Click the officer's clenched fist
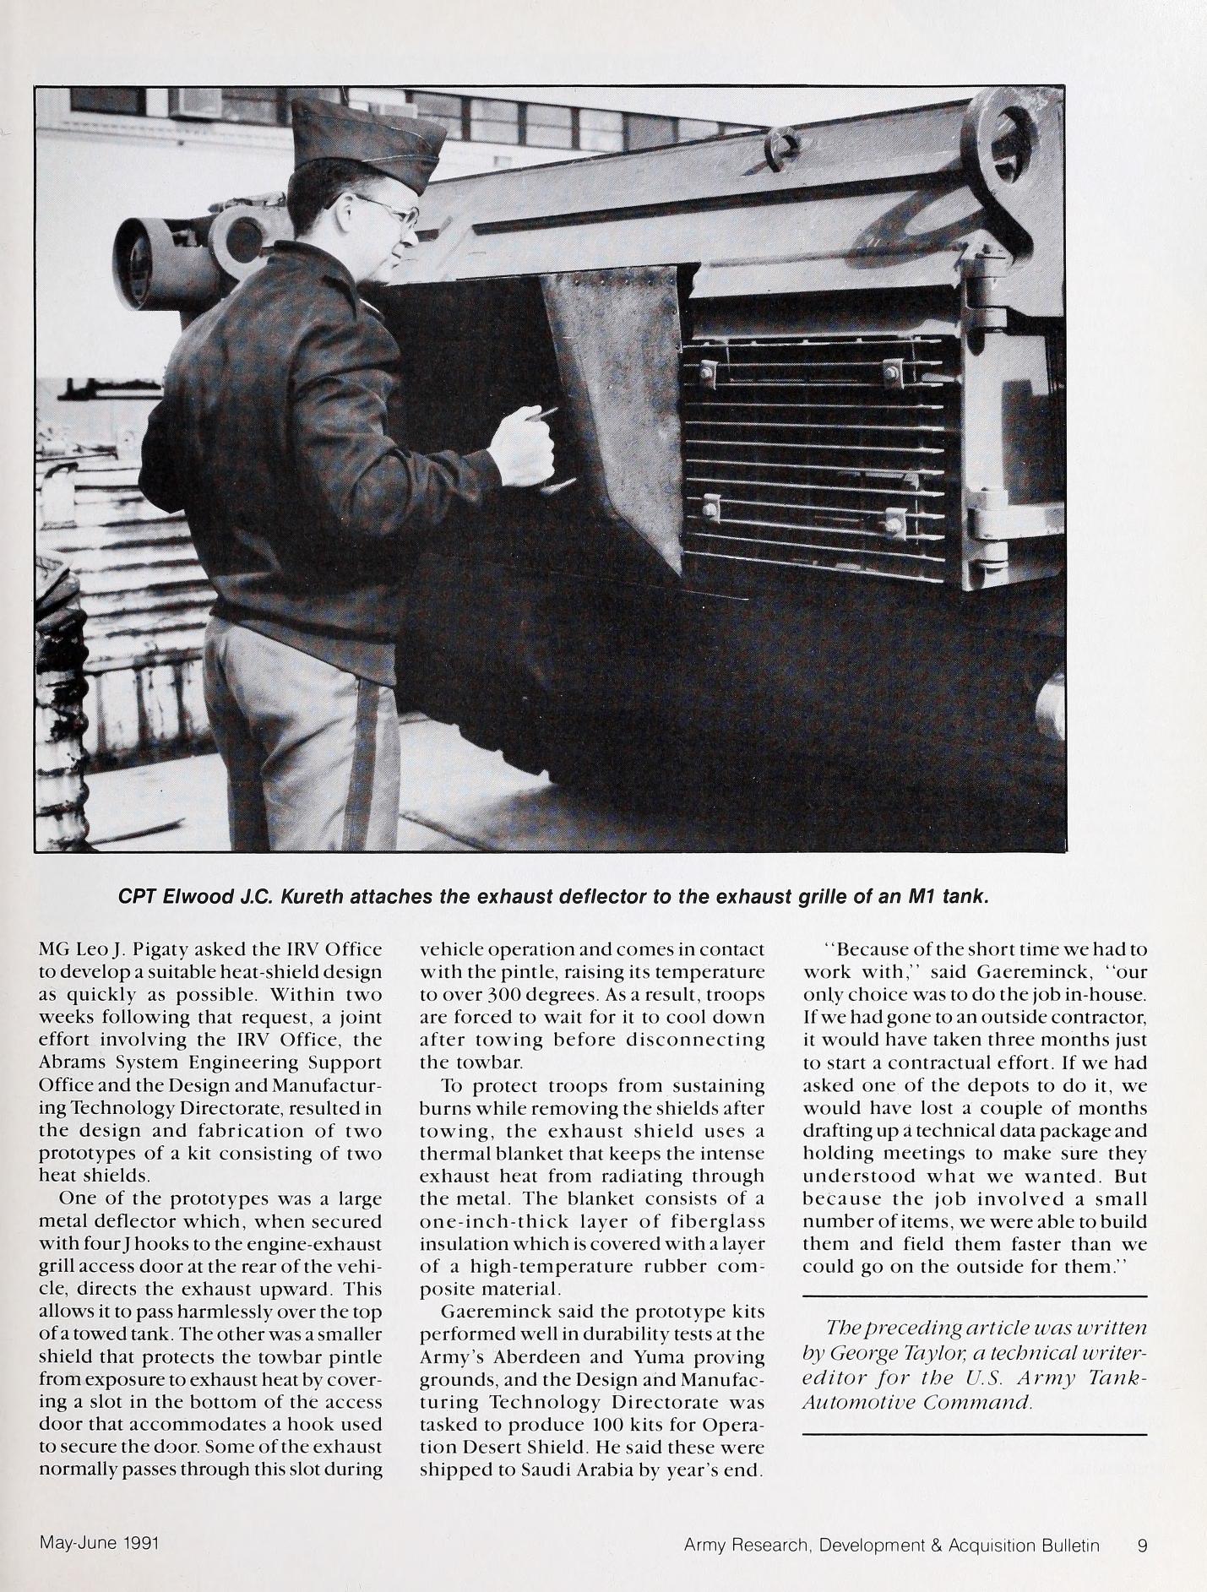click(525, 443)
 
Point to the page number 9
click(1142, 1546)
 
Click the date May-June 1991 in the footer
click(100, 1543)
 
